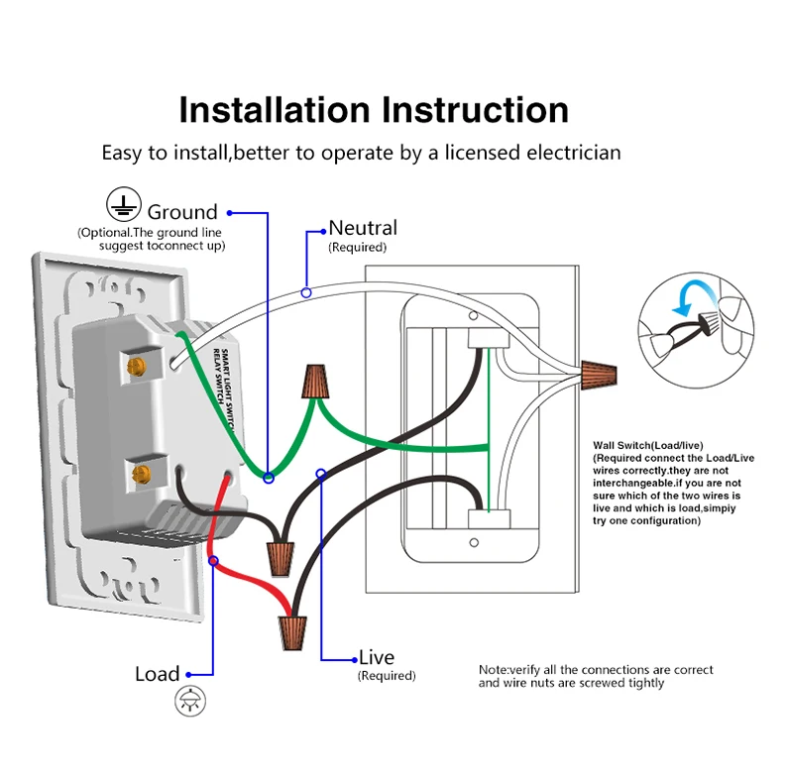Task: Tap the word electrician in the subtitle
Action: coord(573,153)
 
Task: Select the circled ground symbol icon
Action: coord(121,205)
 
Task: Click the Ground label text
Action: coord(182,212)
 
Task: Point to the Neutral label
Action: coord(363,228)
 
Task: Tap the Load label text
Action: coord(158,674)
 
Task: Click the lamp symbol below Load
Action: coord(186,702)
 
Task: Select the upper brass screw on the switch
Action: coord(141,368)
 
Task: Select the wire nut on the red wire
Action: coord(293,626)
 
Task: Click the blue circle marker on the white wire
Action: coord(306,292)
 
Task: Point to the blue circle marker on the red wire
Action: coord(213,561)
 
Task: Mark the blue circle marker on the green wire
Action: coord(269,478)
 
